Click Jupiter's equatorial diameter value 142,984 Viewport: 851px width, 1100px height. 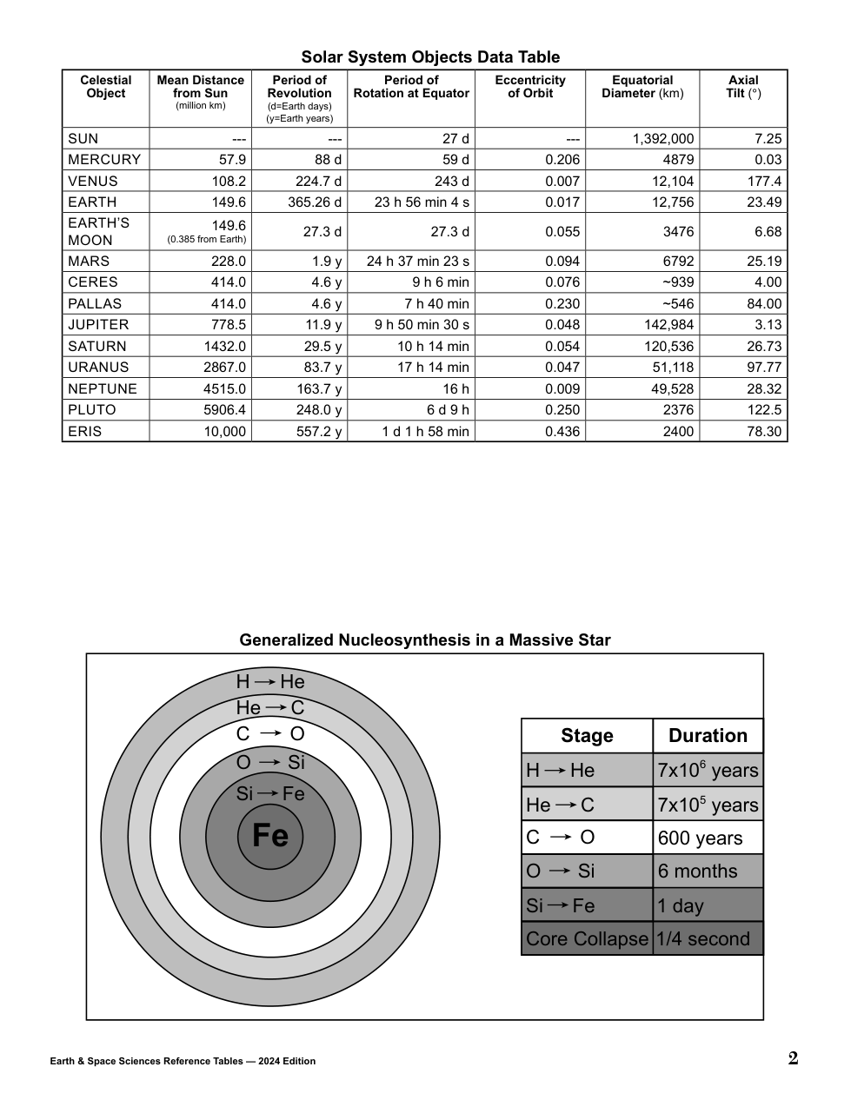pos(668,325)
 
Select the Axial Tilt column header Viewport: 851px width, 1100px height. pos(743,87)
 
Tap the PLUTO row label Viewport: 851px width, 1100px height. pos(92,410)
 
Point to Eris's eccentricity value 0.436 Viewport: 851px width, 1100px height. pos(562,431)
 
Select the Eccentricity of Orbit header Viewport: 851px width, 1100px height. pos(530,87)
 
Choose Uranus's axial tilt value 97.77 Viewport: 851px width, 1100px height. pos(764,368)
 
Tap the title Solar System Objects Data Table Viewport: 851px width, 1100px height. pos(430,57)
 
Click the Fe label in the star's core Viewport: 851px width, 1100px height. pos(269,836)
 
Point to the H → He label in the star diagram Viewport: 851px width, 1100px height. pos(270,682)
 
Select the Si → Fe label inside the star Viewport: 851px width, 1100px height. pos(270,793)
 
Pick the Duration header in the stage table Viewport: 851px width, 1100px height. pos(708,736)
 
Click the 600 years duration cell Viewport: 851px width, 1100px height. pos(701,838)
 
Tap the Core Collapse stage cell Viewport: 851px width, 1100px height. pos(587,939)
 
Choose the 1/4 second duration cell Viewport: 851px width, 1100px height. pos(703,939)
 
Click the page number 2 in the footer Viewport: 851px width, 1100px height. pos(793,1058)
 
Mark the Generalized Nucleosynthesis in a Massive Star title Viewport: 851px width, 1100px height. pos(425,640)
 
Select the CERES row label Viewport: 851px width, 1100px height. pos(93,282)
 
